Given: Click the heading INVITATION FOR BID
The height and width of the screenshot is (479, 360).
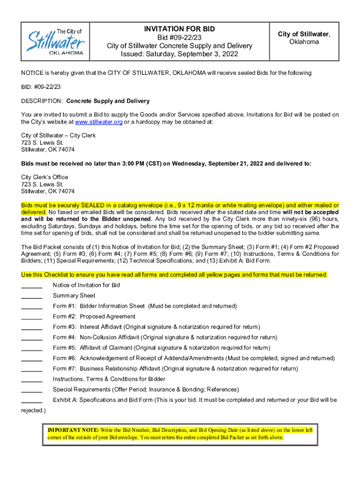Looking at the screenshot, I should (179, 29).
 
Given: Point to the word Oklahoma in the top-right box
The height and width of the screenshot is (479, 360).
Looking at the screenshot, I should (304, 42).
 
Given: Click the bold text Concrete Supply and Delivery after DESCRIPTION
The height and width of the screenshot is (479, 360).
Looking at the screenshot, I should (108, 101).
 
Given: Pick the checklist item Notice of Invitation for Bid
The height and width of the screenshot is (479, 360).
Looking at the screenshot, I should (86, 285).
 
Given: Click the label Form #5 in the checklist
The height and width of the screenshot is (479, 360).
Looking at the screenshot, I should (65, 348).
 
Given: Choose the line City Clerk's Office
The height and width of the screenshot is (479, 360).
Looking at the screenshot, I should (45, 177).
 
